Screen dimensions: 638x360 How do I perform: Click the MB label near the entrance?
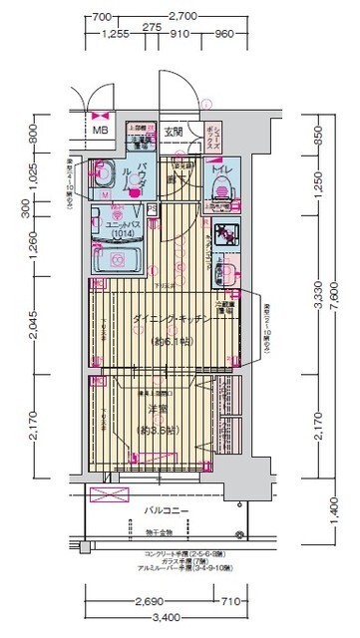[x=100, y=131]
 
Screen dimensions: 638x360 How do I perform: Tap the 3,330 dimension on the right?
[x=317, y=298]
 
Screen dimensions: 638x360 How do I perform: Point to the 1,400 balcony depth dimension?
[x=317, y=515]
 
